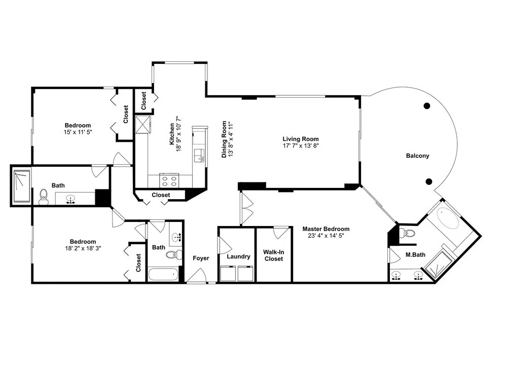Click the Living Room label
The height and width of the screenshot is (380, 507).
pos(300,139)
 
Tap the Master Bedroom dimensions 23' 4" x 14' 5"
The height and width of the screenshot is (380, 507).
pos(325,236)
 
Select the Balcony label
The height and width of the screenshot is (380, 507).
pos(417,156)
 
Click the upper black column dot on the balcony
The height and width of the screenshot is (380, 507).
pos(427,106)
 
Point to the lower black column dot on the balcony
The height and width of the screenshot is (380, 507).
pos(429,181)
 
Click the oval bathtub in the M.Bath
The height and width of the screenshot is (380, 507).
pos(448,218)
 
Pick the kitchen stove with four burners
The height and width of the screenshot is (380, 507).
pos(169,180)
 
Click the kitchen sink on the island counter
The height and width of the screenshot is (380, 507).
pos(199,156)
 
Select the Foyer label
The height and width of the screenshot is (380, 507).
pos(201,258)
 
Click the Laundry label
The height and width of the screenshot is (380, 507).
pos(238,256)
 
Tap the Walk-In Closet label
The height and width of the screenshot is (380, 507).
pos(274,255)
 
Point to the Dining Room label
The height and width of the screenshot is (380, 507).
pos(224,139)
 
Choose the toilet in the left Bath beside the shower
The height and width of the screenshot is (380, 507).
pos(43,197)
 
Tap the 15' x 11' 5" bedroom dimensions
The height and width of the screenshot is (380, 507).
pos(78,132)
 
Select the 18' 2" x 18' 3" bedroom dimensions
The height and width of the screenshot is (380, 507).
pos(83,248)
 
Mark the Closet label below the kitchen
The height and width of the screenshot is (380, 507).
pos(161,195)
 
